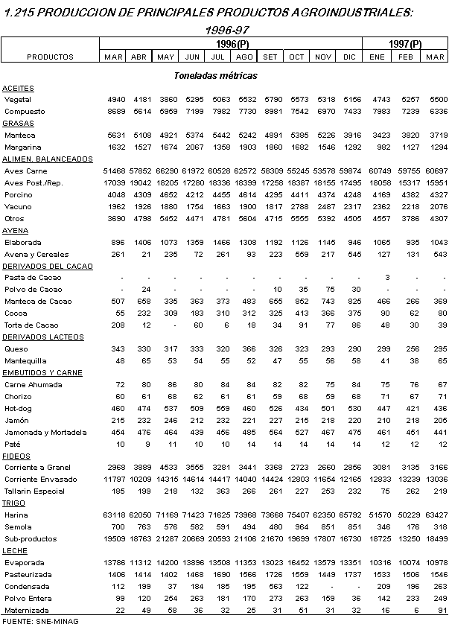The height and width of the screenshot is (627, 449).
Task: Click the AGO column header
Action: (x=244, y=57)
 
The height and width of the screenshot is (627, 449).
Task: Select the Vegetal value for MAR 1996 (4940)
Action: (x=113, y=99)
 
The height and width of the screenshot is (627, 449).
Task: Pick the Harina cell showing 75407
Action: (x=296, y=515)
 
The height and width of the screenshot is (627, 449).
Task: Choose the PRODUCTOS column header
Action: (x=50, y=57)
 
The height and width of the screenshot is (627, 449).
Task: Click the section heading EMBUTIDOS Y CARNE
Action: (x=42, y=372)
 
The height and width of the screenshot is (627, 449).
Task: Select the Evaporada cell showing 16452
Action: (x=296, y=562)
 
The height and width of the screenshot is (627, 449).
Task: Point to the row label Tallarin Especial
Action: (x=34, y=491)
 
